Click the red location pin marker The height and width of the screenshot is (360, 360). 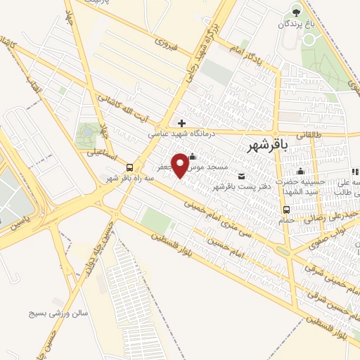pyautogui.click(x=181, y=165)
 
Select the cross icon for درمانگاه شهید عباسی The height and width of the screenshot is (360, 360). pyautogui.click(x=182, y=123)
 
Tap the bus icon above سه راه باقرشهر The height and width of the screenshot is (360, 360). pyautogui.click(x=129, y=167)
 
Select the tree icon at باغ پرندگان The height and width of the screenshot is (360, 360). pyautogui.click(x=296, y=12)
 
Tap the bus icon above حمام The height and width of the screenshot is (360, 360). pyautogui.click(x=285, y=210)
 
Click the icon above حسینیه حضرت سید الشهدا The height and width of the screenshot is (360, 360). pyautogui.click(x=301, y=172)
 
